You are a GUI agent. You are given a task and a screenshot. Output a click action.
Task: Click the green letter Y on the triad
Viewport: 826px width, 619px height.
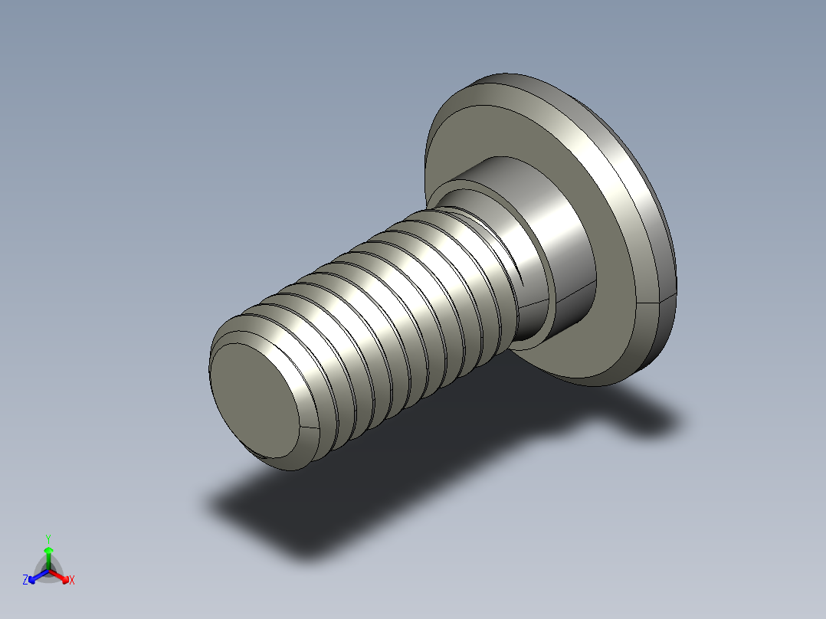(x=48, y=538)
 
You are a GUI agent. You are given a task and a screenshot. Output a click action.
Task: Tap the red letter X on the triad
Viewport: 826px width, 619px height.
(x=72, y=581)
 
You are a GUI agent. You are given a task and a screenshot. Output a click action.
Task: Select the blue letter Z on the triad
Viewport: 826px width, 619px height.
(x=25, y=581)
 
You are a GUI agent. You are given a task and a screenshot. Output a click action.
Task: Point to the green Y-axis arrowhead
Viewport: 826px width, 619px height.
(x=48, y=551)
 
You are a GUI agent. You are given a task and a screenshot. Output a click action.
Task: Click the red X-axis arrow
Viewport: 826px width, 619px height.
(x=61, y=575)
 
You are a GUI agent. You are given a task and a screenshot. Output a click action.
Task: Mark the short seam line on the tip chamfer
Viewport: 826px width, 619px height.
(x=307, y=425)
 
